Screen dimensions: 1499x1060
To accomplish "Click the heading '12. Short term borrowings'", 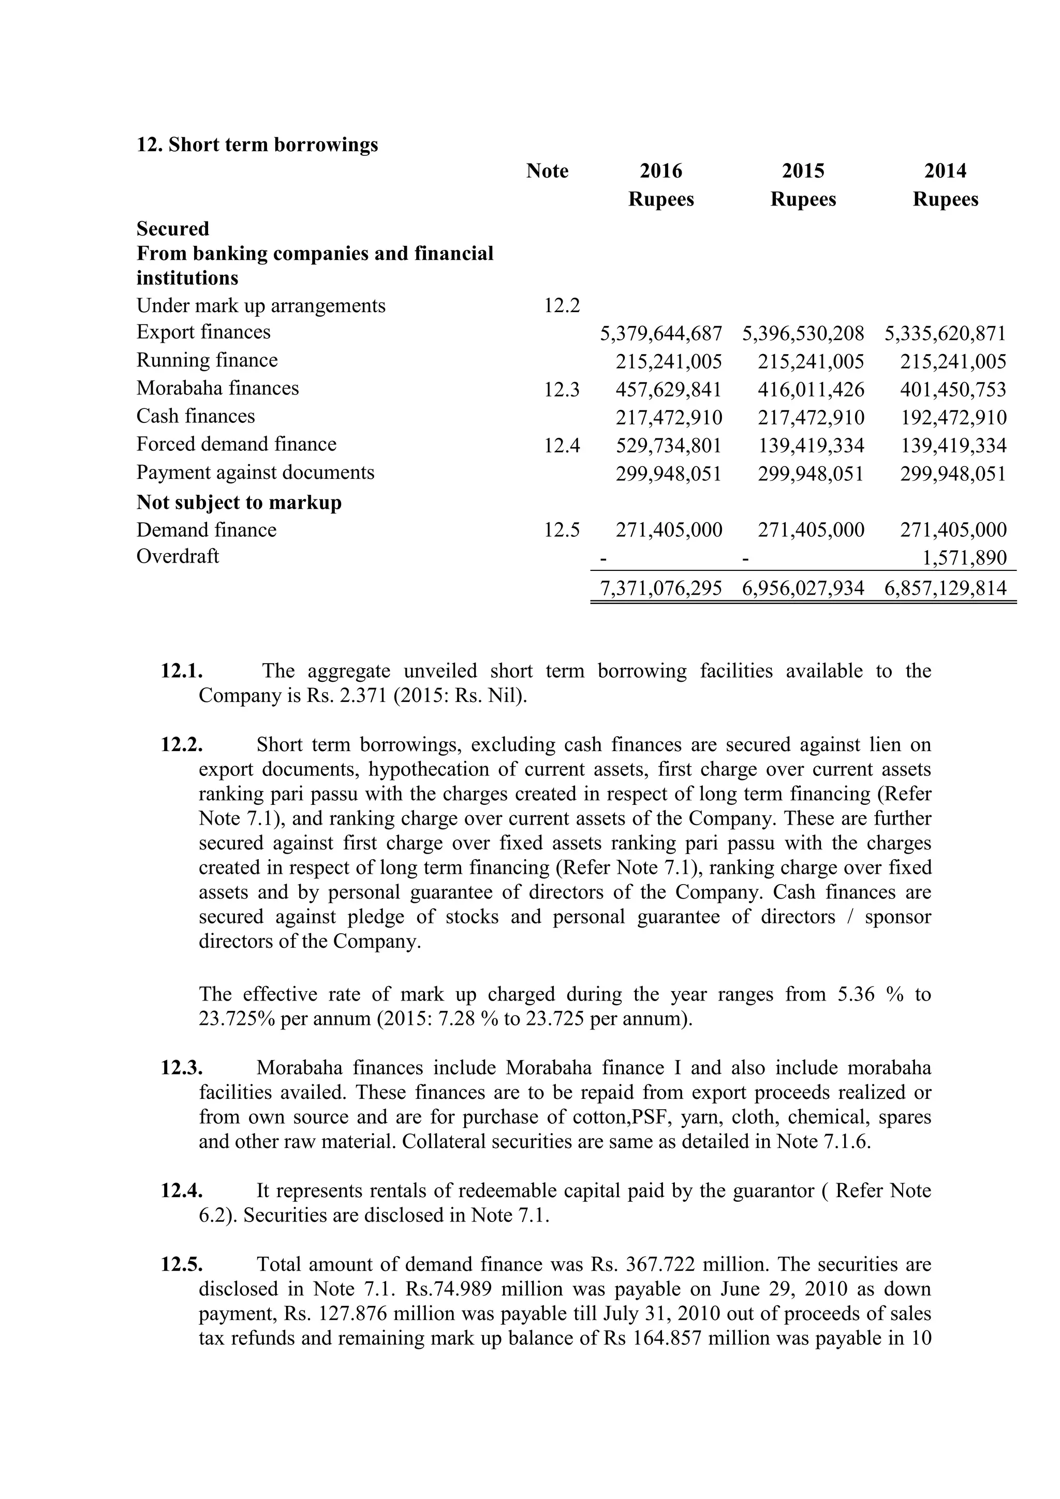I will tap(257, 144).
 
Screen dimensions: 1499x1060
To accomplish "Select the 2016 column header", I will tap(660, 171).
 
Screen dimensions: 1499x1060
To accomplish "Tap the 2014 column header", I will tap(945, 171).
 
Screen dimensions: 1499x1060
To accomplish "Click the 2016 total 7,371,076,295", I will tap(660, 588).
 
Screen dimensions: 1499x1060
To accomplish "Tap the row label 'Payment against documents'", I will tap(255, 472).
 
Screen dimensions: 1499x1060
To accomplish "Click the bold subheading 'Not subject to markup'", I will tap(239, 502).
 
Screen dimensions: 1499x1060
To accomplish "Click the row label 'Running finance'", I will tap(207, 360).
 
